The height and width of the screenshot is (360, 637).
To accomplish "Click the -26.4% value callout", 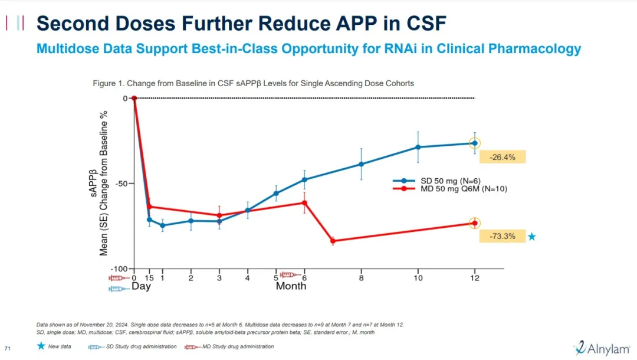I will (x=502, y=157).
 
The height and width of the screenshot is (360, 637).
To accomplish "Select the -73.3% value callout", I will (x=502, y=236).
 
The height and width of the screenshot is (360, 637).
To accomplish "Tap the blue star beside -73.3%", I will (x=532, y=237).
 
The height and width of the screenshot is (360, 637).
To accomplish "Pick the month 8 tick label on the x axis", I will (x=361, y=278).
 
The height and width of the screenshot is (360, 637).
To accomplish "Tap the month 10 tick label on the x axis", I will (x=418, y=278).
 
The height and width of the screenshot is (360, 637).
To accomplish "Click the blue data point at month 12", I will (x=475, y=143).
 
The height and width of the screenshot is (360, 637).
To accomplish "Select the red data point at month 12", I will (x=475, y=223).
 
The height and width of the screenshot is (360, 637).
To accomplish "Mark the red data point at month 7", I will (x=333, y=241).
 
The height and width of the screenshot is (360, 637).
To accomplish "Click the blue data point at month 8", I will (x=361, y=164).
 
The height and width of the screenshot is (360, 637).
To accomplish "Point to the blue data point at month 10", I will (x=418, y=147).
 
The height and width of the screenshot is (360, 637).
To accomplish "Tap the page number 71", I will (x=8, y=346).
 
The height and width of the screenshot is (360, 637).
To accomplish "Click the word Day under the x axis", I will (x=141, y=286).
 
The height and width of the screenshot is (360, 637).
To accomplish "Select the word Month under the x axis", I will (x=291, y=286).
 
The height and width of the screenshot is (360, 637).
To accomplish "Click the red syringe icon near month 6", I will (x=289, y=274).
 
